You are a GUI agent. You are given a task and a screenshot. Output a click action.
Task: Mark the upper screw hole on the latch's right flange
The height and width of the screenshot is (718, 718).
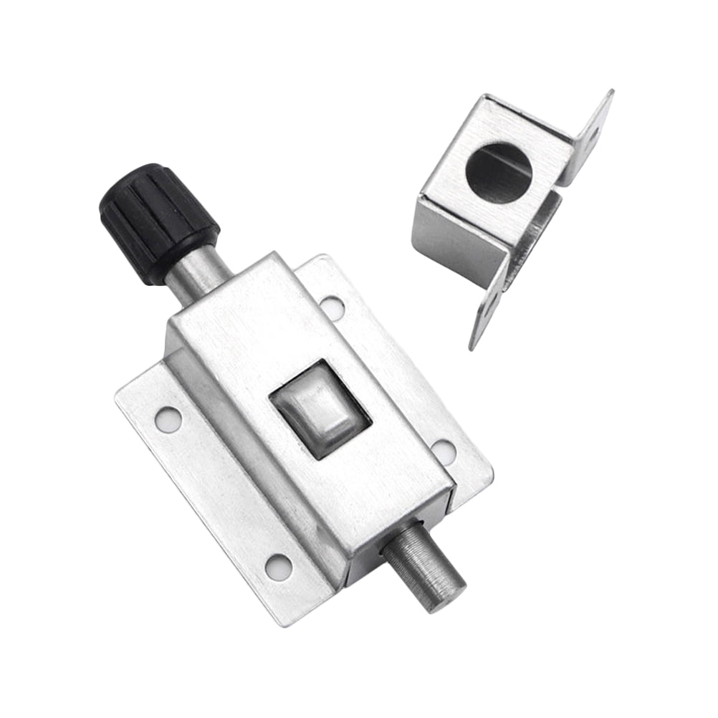[x=332, y=307]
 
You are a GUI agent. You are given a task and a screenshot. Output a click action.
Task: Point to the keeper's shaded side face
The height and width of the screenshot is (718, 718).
[x=459, y=244]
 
